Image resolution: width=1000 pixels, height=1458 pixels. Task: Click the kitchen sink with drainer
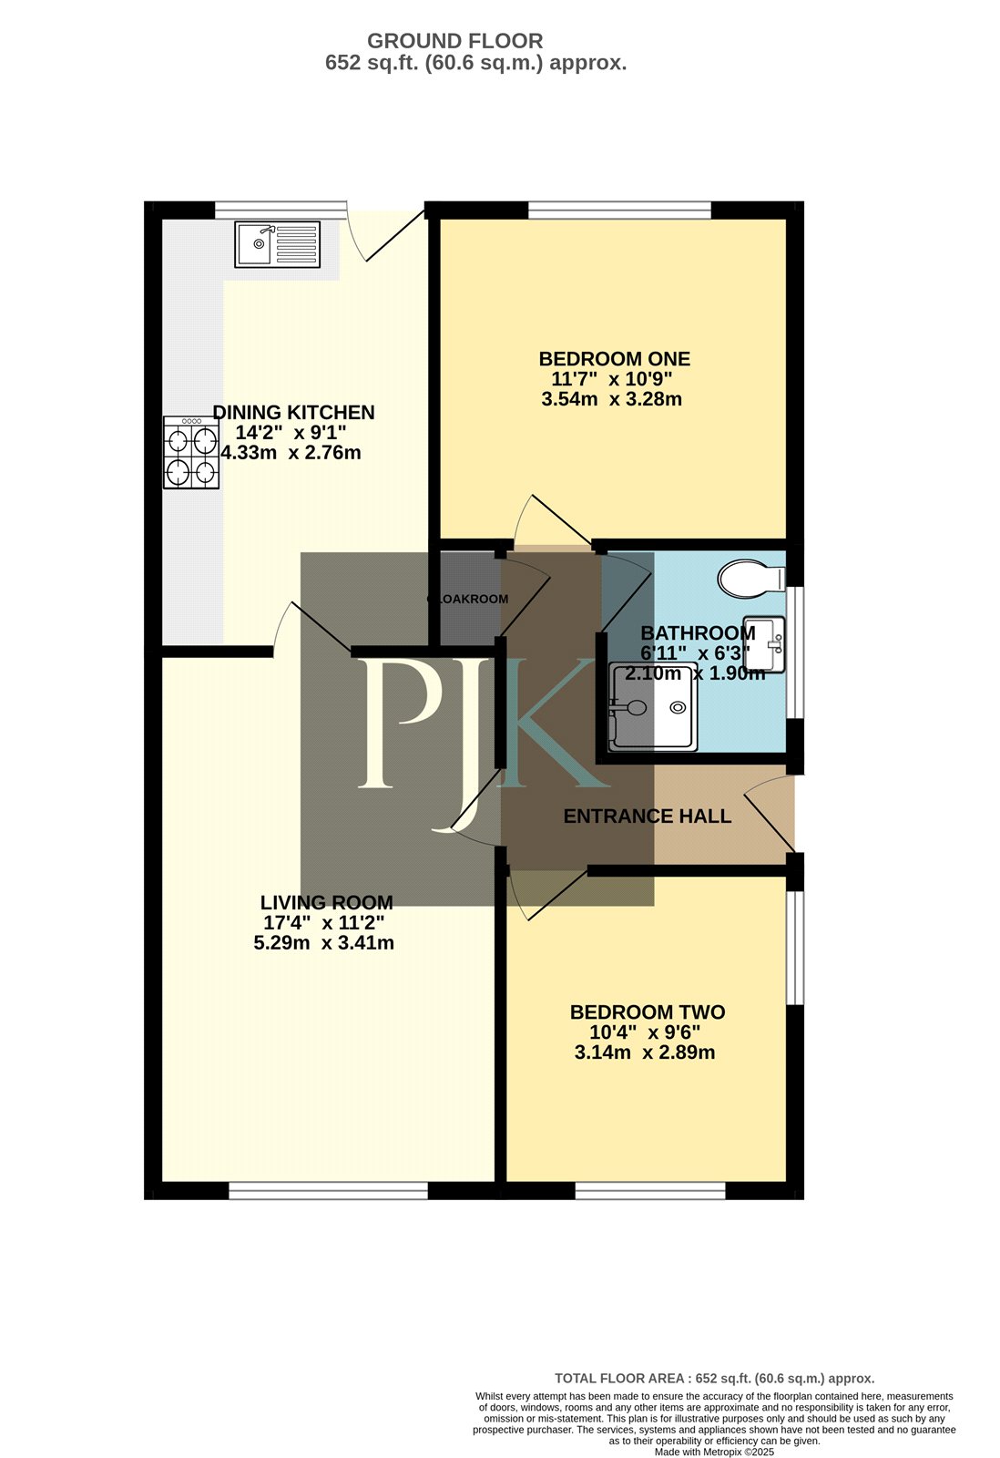click(277, 244)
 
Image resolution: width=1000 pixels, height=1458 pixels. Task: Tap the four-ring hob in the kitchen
click(191, 452)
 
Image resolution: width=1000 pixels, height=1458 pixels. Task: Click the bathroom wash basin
click(764, 643)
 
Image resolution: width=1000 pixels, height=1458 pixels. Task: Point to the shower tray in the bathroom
click(652, 707)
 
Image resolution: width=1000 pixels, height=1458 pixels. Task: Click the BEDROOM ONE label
click(614, 359)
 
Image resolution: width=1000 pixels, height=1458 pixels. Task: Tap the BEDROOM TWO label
click(648, 1012)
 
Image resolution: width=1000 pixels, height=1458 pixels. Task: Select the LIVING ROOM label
click(327, 903)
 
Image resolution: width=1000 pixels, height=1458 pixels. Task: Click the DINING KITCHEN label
click(293, 413)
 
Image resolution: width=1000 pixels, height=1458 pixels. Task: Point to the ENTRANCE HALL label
click(648, 816)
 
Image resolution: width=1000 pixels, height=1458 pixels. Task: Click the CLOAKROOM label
click(468, 599)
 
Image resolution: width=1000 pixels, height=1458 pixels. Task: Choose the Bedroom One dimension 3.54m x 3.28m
click(612, 399)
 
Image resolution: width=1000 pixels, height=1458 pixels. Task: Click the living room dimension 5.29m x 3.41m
click(324, 942)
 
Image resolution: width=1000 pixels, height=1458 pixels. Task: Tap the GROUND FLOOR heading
click(454, 41)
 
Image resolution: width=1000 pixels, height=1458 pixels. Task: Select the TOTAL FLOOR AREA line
click(714, 1378)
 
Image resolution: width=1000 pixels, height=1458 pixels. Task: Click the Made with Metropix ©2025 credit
click(714, 1452)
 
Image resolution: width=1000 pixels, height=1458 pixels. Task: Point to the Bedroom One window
click(619, 210)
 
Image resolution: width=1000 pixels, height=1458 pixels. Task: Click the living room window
click(329, 1190)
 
